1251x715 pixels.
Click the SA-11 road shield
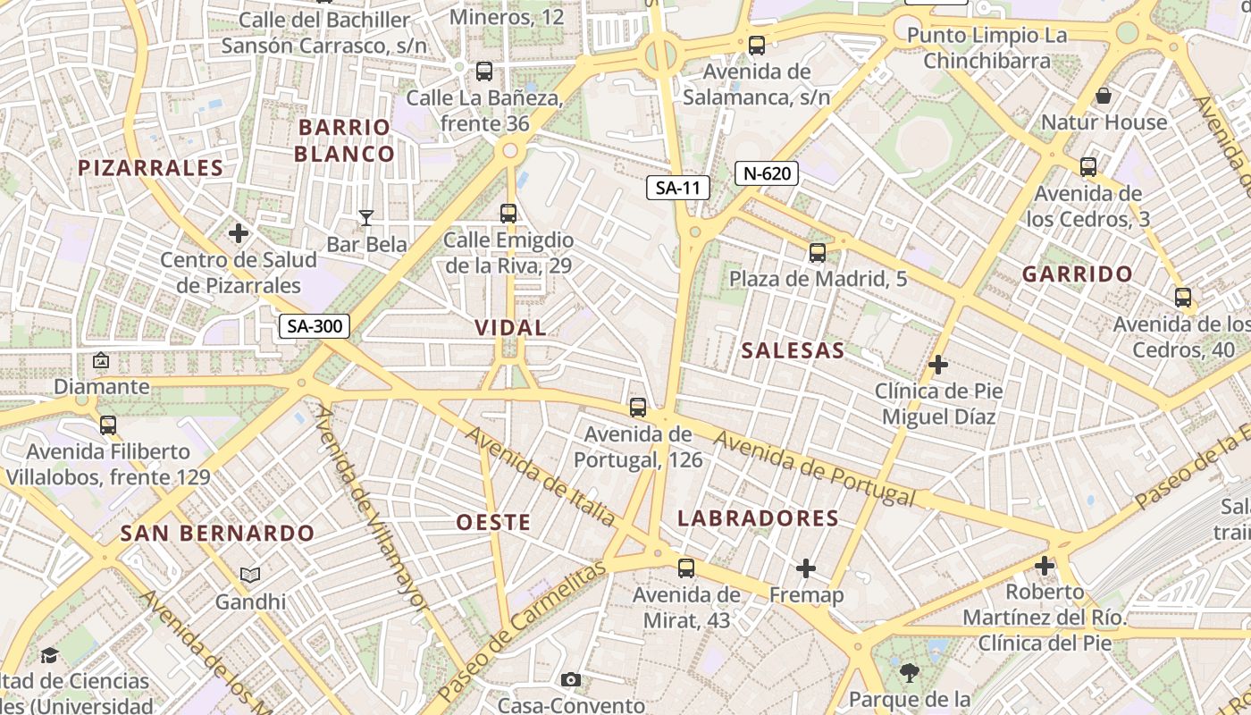(x=678, y=188)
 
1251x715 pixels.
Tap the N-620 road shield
(x=766, y=173)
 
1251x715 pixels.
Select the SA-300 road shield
(x=314, y=326)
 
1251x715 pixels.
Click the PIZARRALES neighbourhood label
(x=150, y=168)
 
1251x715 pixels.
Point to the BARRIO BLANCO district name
(x=344, y=140)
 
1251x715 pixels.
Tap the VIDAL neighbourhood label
(x=510, y=328)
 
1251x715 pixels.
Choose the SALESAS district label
(x=793, y=351)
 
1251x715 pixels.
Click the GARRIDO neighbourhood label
(x=1077, y=274)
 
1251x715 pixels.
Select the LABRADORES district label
(x=758, y=518)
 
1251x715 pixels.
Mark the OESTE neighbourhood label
(x=493, y=523)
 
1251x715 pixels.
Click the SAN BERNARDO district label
(x=217, y=534)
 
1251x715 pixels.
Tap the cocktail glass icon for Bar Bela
(x=365, y=217)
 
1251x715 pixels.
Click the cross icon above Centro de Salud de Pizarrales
(x=239, y=234)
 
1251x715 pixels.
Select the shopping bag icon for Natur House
(x=1104, y=96)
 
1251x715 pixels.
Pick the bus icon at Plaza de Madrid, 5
(x=818, y=253)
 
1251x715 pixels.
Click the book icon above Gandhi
(x=250, y=576)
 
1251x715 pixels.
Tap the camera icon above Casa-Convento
(x=571, y=680)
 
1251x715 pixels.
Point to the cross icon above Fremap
(x=806, y=568)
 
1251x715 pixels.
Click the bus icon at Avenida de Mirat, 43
(x=686, y=568)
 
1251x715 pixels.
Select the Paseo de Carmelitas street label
(x=523, y=630)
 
